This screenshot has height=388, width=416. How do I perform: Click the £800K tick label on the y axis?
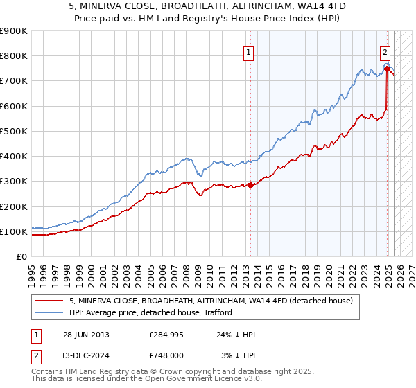coord(14,56)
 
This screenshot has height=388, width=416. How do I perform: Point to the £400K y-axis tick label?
coord(14,157)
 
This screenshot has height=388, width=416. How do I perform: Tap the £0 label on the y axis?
coord(21,257)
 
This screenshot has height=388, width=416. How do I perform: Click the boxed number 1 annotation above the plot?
coord(248,51)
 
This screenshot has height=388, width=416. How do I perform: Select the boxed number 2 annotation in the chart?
coord(385,51)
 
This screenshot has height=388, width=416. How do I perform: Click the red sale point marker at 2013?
coord(250,185)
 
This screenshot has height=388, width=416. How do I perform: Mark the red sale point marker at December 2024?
coord(386,69)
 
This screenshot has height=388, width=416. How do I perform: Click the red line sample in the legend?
coord(49,301)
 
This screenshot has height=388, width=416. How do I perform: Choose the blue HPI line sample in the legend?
coord(49,312)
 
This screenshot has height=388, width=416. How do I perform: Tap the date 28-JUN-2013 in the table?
coord(86,335)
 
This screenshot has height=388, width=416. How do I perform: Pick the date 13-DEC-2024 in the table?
coord(86,355)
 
